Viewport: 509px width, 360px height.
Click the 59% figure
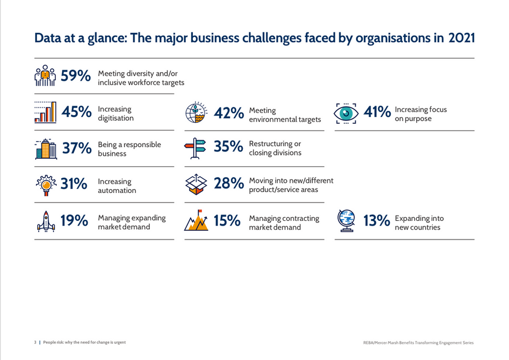pos(76,76)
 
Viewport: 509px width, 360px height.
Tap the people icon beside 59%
pos(45,76)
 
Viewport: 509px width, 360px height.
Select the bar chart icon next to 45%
pos(46,112)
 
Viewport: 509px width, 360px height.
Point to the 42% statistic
pos(229,113)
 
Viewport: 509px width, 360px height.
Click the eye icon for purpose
pos(346,113)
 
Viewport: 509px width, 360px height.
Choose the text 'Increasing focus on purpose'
pos(420,114)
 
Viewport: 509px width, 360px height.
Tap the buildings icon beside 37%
pos(46,149)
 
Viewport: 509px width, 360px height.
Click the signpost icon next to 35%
pos(195,149)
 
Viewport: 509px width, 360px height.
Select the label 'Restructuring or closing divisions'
pos(275,148)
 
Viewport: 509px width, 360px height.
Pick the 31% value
pos(74,184)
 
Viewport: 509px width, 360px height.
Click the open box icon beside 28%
pos(196,184)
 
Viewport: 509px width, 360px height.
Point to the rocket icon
pos(46,221)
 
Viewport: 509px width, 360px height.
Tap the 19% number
pos(74,220)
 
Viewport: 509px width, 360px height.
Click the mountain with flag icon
pos(196,220)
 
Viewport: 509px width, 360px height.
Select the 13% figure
pos(377,221)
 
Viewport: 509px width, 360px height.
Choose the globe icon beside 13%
pos(346,221)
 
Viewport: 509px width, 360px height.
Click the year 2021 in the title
pos(461,39)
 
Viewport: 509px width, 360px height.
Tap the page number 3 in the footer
pos(35,343)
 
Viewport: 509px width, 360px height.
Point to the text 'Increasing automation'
pos(117,186)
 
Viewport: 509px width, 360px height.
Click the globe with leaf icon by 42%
pos(197,113)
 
